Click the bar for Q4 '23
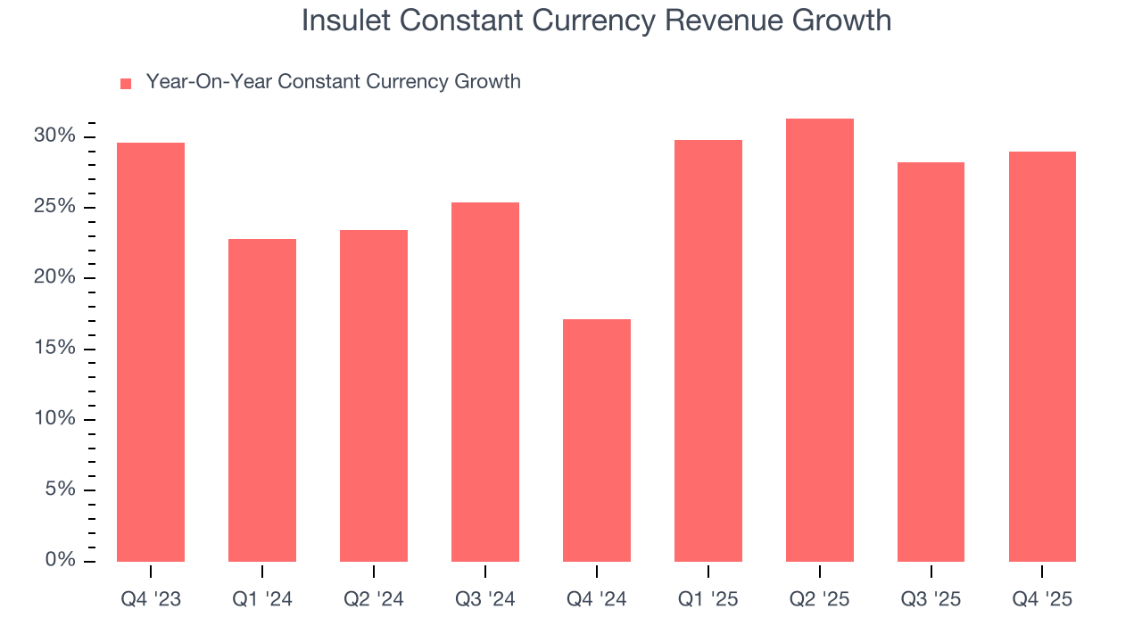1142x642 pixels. [x=151, y=352]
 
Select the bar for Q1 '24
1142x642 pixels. [x=262, y=400]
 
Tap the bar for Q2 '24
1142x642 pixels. [x=374, y=396]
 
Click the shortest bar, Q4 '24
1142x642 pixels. [x=597, y=440]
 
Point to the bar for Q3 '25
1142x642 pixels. [x=931, y=362]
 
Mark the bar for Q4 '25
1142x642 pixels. [x=1042, y=357]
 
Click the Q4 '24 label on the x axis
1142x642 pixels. [x=597, y=599]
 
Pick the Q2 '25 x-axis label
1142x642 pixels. [x=820, y=599]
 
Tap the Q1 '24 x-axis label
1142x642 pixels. [x=262, y=599]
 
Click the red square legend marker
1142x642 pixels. [x=126, y=83]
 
